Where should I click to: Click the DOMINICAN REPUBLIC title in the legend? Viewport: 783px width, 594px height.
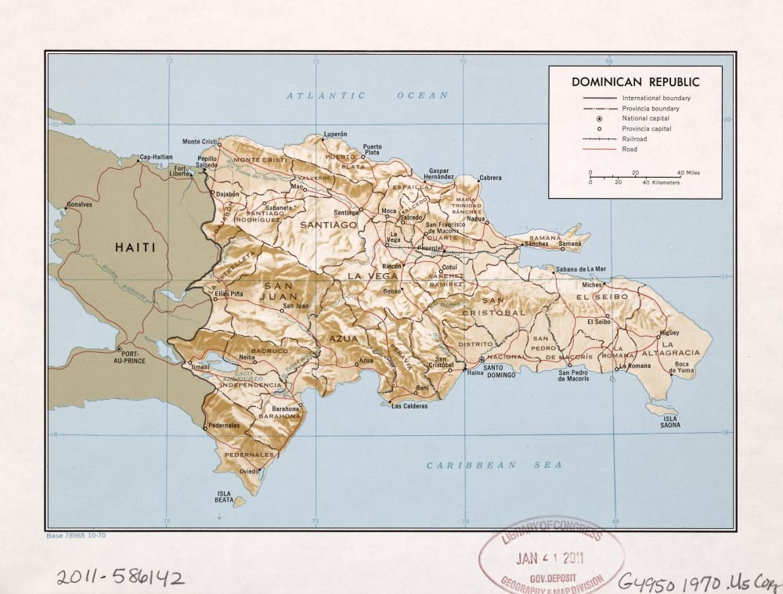pyautogui.click(x=635, y=81)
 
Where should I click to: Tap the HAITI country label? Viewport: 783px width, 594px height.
pyautogui.click(x=135, y=247)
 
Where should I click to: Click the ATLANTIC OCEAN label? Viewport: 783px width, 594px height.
pyautogui.click(x=366, y=95)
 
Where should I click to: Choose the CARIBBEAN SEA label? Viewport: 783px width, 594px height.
pyautogui.click(x=494, y=465)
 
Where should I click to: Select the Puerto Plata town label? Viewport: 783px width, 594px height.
pyautogui.click(x=372, y=150)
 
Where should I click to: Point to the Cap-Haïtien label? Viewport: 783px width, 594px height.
pyautogui.click(x=155, y=157)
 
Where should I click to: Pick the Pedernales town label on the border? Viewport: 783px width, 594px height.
pyautogui.click(x=224, y=425)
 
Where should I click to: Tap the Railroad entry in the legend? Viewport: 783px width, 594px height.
pyautogui.click(x=634, y=139)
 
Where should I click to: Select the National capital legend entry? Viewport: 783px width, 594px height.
pyautogui.click(x=645, y=118)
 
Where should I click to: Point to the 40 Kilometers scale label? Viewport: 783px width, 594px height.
pyautogui.click(x=661, y=182)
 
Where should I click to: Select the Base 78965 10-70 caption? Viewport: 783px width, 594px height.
pyautogui.click(x=75, y=535)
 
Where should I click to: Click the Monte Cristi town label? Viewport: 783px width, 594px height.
pyautogui.click(x=199, y=141)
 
